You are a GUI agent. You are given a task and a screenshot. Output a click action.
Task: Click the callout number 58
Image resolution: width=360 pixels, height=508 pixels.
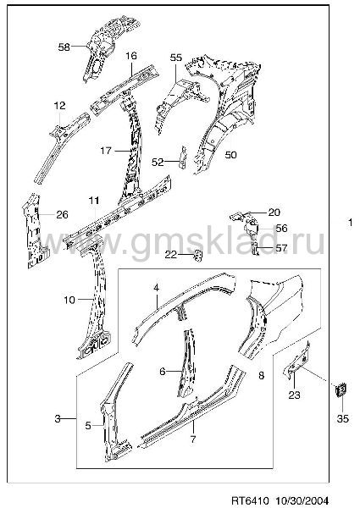pyautogui.click(x=64, y=47)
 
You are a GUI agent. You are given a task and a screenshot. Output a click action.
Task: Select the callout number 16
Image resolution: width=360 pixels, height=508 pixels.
pyautogui.click(x=131, y=56)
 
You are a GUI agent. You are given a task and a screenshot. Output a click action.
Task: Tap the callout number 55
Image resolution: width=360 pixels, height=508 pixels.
pyautogui.click(x=176, y=58)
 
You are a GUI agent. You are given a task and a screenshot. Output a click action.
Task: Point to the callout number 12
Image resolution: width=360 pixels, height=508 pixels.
pyautogui.click(x=59, y=105)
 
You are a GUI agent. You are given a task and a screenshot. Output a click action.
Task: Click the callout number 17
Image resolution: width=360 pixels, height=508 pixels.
pyautogui.click(x=106, y=151)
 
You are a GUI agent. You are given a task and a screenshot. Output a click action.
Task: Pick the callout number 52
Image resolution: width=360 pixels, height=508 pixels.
pyautogui.click(x=158, y=162)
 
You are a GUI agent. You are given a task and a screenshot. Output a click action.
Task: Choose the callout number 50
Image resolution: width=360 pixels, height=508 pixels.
pyautogui.click(x=230, y=155)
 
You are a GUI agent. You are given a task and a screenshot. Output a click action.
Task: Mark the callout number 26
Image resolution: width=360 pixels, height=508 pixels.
pyautogui.click(x=62, y=214)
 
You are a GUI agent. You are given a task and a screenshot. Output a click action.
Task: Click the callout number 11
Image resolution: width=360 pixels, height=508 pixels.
pyautogui.click(x=94, y=201)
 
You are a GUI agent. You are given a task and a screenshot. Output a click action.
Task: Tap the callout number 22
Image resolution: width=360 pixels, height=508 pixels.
pyautogui.click(x=171, y=255)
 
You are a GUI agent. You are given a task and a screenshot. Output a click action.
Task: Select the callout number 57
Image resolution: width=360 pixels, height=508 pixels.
pyautogui.click(x=281, y=248)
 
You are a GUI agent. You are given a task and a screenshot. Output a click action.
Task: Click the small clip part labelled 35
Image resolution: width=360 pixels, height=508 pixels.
pyautogui.click(x=341, y=390)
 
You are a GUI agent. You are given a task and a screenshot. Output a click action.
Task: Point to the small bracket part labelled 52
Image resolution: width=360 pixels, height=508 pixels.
pyautogui.click(x=183, y=157)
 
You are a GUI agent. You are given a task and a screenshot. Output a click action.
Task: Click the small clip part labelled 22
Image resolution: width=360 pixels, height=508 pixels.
pyautogui.click(x=198, y=256)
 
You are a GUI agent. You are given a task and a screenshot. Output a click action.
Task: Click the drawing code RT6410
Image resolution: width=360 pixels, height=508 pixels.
pyautogui.click(x=250, y=500)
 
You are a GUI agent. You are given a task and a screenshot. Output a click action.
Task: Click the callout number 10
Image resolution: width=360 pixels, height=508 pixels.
pyautogui.click(x=69, y=300)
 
